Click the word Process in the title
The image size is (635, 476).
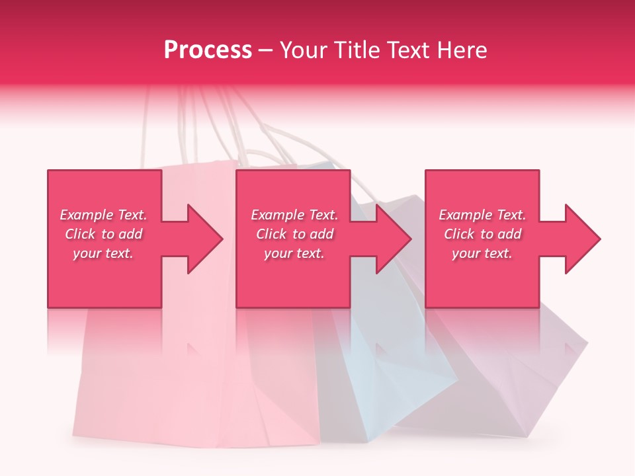[x=208, y=50]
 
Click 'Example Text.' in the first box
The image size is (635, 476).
[x=104, y=215]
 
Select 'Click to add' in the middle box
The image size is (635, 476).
[x=294, y=234]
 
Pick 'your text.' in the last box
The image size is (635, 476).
[x=482, y=253]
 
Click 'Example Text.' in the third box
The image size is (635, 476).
[x=482, y=215]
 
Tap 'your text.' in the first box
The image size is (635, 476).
[x=104, y=253]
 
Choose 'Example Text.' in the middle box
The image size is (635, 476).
[x=294, y=215]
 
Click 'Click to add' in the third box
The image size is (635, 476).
[x=482, y=234]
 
